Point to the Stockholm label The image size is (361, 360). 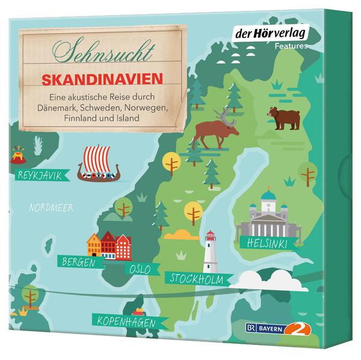197,278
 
